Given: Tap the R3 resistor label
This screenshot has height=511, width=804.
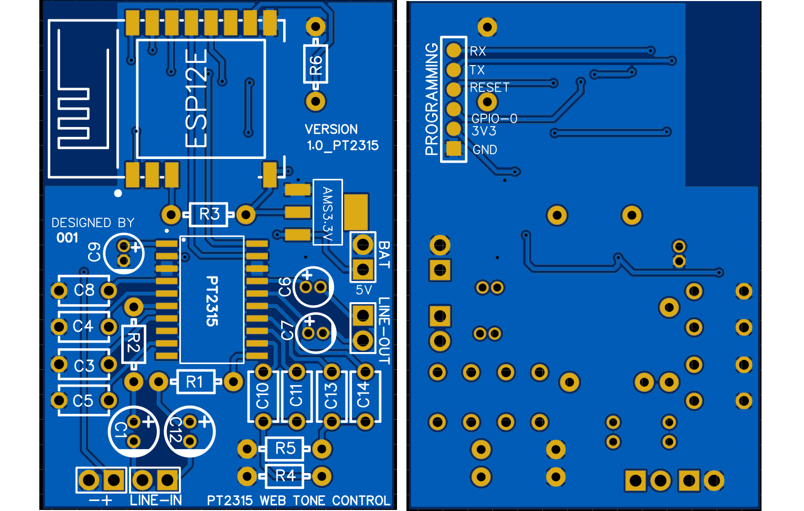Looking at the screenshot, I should pyautogui.click(x=209, y=214).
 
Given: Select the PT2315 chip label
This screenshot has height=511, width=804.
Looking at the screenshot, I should pyautogui.click(x=212, y=301).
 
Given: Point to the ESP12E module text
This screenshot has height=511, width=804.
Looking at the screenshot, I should pyautogui.click(x=197, y=99).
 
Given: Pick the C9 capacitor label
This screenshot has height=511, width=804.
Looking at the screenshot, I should pyautogui.click(x=94, y=252).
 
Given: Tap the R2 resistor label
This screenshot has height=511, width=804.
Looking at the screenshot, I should pyautogui.click(x=133, y=343).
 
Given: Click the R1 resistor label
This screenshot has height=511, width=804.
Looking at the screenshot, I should pyautogui.click(x=194, y=382).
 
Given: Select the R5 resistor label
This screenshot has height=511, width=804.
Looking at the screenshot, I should pyautogui.click(x=285, y=449).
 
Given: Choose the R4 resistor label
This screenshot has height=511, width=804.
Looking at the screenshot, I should pyautogui.click(x=285, y=476).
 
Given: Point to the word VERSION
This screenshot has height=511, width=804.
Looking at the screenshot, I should pyautogui.click(x=331, y=129).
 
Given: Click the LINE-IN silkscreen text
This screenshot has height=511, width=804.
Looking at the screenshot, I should pyautogui.click(x=156, y=500).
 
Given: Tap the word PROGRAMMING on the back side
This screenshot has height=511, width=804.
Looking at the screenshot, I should pyautogui.click(x=431, y=99).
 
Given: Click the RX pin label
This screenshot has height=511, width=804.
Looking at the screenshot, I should pyautogui.click(x=478, y=51).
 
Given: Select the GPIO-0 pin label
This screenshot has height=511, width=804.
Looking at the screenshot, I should pyautogui.click(x=494, y=119).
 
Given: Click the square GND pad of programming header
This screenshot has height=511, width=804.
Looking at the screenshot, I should pyautogui.click(x=454, y=149).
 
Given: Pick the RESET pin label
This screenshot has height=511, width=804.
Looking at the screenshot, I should pyautogui.click(x=489, y=88).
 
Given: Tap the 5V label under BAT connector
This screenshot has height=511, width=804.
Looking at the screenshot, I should pyautogui.click(x=363, y=290).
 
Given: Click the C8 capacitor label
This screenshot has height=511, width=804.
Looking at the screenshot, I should pyautogui.click(x=84, y=290).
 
